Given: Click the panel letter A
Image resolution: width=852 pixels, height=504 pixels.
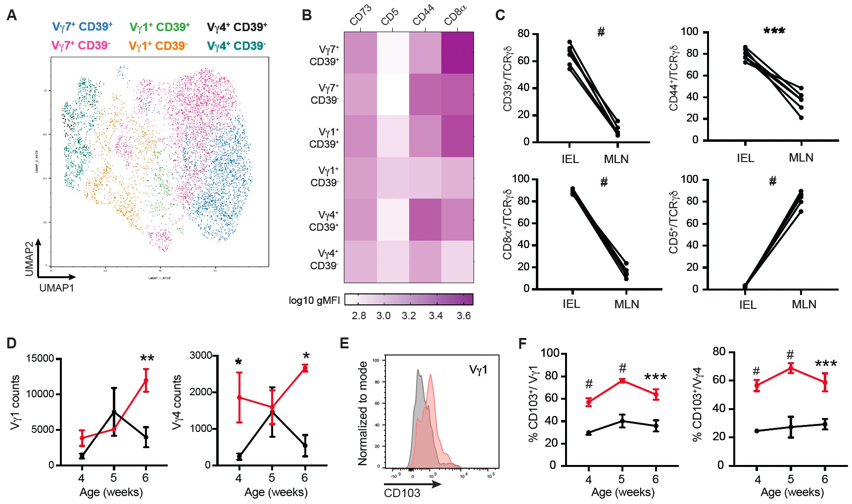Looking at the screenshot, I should point(11,15).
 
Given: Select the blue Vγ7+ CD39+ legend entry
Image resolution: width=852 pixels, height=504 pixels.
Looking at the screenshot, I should point(82,27).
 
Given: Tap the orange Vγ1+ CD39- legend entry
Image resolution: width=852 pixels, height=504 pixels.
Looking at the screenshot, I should point(158,46).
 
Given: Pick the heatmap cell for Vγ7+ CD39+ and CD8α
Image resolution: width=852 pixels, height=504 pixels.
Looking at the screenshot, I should point(457,53).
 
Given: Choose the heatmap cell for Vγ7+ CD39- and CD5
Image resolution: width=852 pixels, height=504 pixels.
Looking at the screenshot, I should point(393,94).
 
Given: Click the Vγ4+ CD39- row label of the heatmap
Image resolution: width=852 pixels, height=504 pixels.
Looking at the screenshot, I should point(325,260).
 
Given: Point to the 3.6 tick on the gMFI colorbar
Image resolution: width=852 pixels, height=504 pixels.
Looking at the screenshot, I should point(464,316).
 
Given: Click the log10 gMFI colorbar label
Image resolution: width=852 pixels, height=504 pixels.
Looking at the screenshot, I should point(314,300).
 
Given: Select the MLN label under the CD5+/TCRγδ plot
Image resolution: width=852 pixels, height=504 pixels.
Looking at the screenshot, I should point(804,304).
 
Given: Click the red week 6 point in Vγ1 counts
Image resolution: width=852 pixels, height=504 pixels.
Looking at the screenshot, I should point(146,380).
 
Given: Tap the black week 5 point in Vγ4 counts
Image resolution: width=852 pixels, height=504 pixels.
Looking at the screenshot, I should point(272,412).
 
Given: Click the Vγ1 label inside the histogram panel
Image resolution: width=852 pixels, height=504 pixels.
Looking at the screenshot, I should point(478,370).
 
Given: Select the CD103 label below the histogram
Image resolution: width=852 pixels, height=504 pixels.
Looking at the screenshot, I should point(402,493).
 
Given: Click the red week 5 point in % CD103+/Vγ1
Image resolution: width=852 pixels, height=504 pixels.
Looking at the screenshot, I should point(622,380).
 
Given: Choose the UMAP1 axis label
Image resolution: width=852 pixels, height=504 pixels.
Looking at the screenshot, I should point(57,288).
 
